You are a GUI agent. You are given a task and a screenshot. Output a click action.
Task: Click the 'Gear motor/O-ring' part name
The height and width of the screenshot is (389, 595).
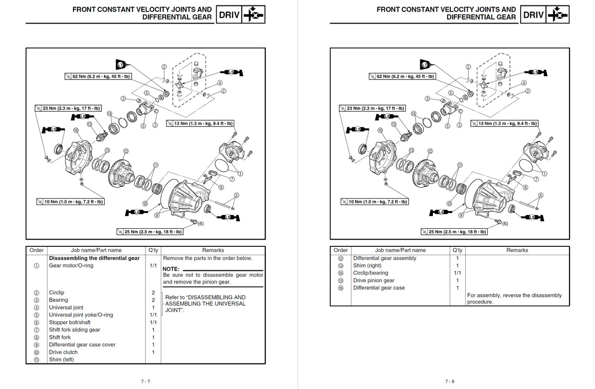click(x=71, y=266)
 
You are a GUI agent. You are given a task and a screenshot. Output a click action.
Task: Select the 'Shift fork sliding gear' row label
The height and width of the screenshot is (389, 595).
click(x=74, y=330)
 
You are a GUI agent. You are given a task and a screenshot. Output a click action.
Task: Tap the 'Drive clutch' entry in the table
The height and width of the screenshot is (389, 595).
click(x=63, y=352)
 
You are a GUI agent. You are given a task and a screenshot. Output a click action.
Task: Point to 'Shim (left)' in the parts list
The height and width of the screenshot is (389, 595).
click(x=61, y=360)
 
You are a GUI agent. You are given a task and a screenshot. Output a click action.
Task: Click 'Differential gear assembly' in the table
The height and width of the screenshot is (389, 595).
click(x=384, y=258)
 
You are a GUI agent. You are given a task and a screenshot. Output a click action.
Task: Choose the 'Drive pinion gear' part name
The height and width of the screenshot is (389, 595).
click(x=374, y=281)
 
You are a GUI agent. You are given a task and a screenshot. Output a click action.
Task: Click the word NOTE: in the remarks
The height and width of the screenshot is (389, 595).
click(x=171, y=269)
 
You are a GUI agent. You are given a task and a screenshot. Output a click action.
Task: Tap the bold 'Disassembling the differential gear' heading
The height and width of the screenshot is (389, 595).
click(x=94, y=258)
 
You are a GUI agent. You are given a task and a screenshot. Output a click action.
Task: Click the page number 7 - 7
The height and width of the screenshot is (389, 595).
click(x=145, y=382)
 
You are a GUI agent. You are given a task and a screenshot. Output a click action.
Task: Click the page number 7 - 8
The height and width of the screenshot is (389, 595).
click(x=450, y=382)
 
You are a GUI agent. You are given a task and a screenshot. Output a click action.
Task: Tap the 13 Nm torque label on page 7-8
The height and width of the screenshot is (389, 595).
click(x=504, y=124)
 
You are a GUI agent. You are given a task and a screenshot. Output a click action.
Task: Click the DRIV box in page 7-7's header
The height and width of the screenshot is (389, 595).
click(x=230, y=15)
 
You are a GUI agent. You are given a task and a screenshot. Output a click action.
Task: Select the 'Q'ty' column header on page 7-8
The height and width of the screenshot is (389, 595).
click(x=457, y=251)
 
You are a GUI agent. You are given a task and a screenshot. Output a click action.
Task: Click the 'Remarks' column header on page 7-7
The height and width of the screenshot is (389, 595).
click(x=213, y=251)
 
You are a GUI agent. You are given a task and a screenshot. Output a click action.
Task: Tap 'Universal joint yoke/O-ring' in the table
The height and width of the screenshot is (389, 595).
click(x=81, y=315)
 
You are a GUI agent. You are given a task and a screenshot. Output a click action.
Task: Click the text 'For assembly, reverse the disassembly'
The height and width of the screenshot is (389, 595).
click(x=514, y=296)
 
